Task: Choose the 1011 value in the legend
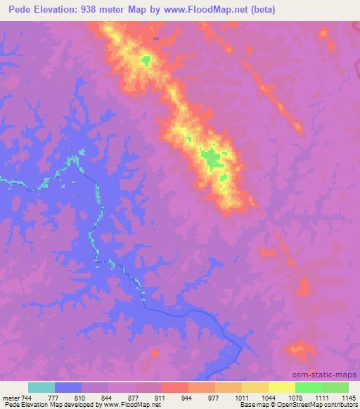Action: click(x=241, y=398)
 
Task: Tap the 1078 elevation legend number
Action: click(x=295, y=398)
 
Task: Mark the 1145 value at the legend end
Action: click(x=347, y=398)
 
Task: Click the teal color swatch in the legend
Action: click(x=41, y=387)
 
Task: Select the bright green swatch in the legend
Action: click(x=308, y=387)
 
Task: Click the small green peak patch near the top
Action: click(x=146, y=60)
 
